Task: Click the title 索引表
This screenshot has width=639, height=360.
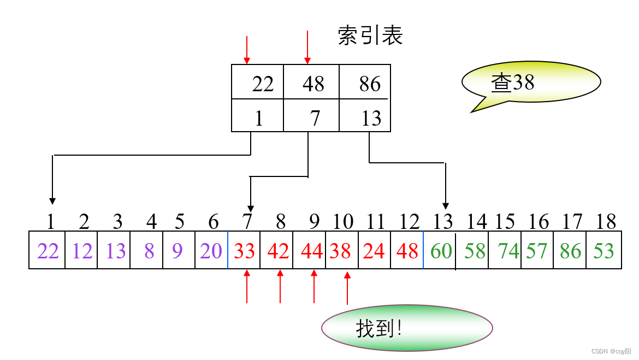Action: (x=370, y=36)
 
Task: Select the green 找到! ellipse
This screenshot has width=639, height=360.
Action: (x=407, y=328)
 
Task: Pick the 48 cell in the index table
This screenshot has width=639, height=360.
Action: (x=312, y=84)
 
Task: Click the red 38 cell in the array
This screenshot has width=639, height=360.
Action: (x=341, y=251)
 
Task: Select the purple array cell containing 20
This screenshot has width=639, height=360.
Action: (x=211, y=251)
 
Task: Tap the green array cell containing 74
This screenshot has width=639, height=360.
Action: (x=505, y=251)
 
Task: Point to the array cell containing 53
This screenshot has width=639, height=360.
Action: (x=603, y=251)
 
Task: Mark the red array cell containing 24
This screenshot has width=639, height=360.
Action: (x=374, y=251)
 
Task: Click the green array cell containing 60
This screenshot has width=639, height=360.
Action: (x=440, y=251)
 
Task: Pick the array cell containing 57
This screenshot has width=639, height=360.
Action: (x=537, y=251)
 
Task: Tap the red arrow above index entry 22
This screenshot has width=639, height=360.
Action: (x=247, y=50)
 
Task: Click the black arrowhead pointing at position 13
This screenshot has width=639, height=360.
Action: (x=446, y=205)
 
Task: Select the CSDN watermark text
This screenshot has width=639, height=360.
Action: (x=611, y=351)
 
